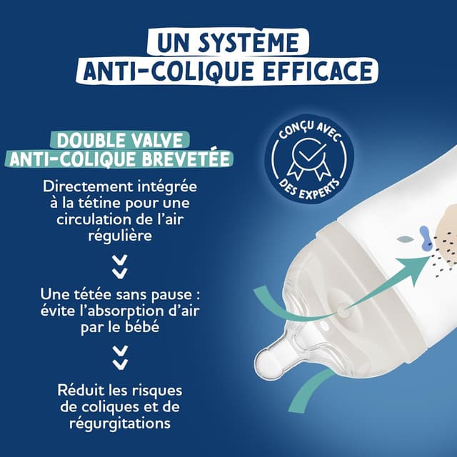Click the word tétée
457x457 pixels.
[106, 293]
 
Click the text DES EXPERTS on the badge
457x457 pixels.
[308, 187]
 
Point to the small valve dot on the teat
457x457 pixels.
[344, 311]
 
